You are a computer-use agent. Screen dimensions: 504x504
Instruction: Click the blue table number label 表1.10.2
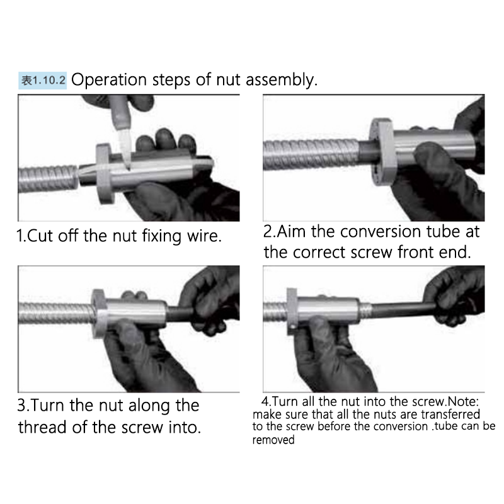point(42,81)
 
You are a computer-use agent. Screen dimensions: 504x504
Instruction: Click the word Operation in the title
point(109,80)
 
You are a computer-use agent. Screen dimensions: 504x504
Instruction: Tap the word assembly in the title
point(282,80)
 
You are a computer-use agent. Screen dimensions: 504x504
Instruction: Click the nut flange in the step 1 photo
point(105,174)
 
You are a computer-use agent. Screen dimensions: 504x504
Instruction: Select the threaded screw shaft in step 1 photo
point(49,178)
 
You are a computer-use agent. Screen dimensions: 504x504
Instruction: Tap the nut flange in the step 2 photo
point(382,152)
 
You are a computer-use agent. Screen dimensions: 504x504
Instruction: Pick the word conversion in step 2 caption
point(381,231)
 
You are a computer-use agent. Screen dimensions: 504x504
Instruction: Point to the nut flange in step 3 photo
point(100,313)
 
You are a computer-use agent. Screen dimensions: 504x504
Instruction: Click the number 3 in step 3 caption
point(21,405)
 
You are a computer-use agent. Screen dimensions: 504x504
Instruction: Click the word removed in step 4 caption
point(273,440)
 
